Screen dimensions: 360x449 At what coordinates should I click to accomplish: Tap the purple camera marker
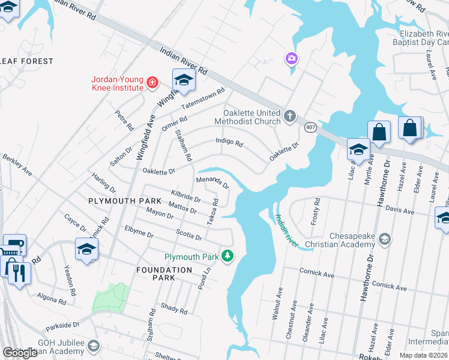[292, 58]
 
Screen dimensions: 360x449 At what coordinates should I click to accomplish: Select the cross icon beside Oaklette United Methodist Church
[289, 115]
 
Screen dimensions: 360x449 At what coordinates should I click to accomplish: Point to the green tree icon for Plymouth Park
[228, 256]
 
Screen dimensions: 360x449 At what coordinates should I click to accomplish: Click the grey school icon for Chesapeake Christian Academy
[385, 240]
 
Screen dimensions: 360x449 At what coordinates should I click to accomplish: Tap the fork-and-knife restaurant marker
[18, 273]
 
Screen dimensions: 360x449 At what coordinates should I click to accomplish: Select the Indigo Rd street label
[229, 143]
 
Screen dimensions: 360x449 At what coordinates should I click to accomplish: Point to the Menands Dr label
[212, 182]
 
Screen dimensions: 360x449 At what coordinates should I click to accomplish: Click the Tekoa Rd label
[211, 212]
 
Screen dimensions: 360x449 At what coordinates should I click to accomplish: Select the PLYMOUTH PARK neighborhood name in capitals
[125, 200]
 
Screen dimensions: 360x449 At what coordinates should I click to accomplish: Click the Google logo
[20, 353]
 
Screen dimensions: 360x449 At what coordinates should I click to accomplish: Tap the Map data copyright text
[423, 355]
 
